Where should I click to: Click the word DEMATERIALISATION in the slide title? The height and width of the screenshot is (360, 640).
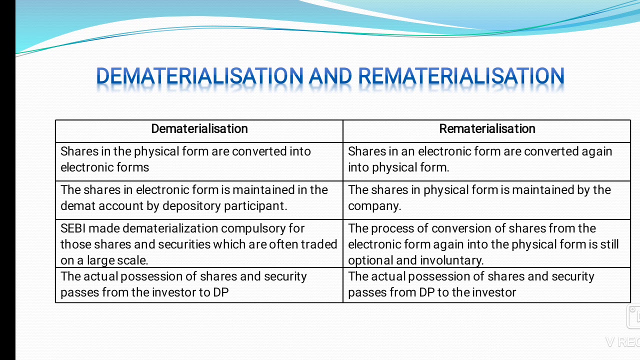199,76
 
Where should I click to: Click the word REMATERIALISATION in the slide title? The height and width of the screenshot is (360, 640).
461,76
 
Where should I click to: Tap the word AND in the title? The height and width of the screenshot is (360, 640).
330,76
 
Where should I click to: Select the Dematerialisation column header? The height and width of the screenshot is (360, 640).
199,129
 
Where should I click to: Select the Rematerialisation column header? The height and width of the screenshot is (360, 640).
487,129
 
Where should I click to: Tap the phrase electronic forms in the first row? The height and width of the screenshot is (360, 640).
104,167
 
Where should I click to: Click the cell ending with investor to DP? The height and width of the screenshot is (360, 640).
199,284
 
